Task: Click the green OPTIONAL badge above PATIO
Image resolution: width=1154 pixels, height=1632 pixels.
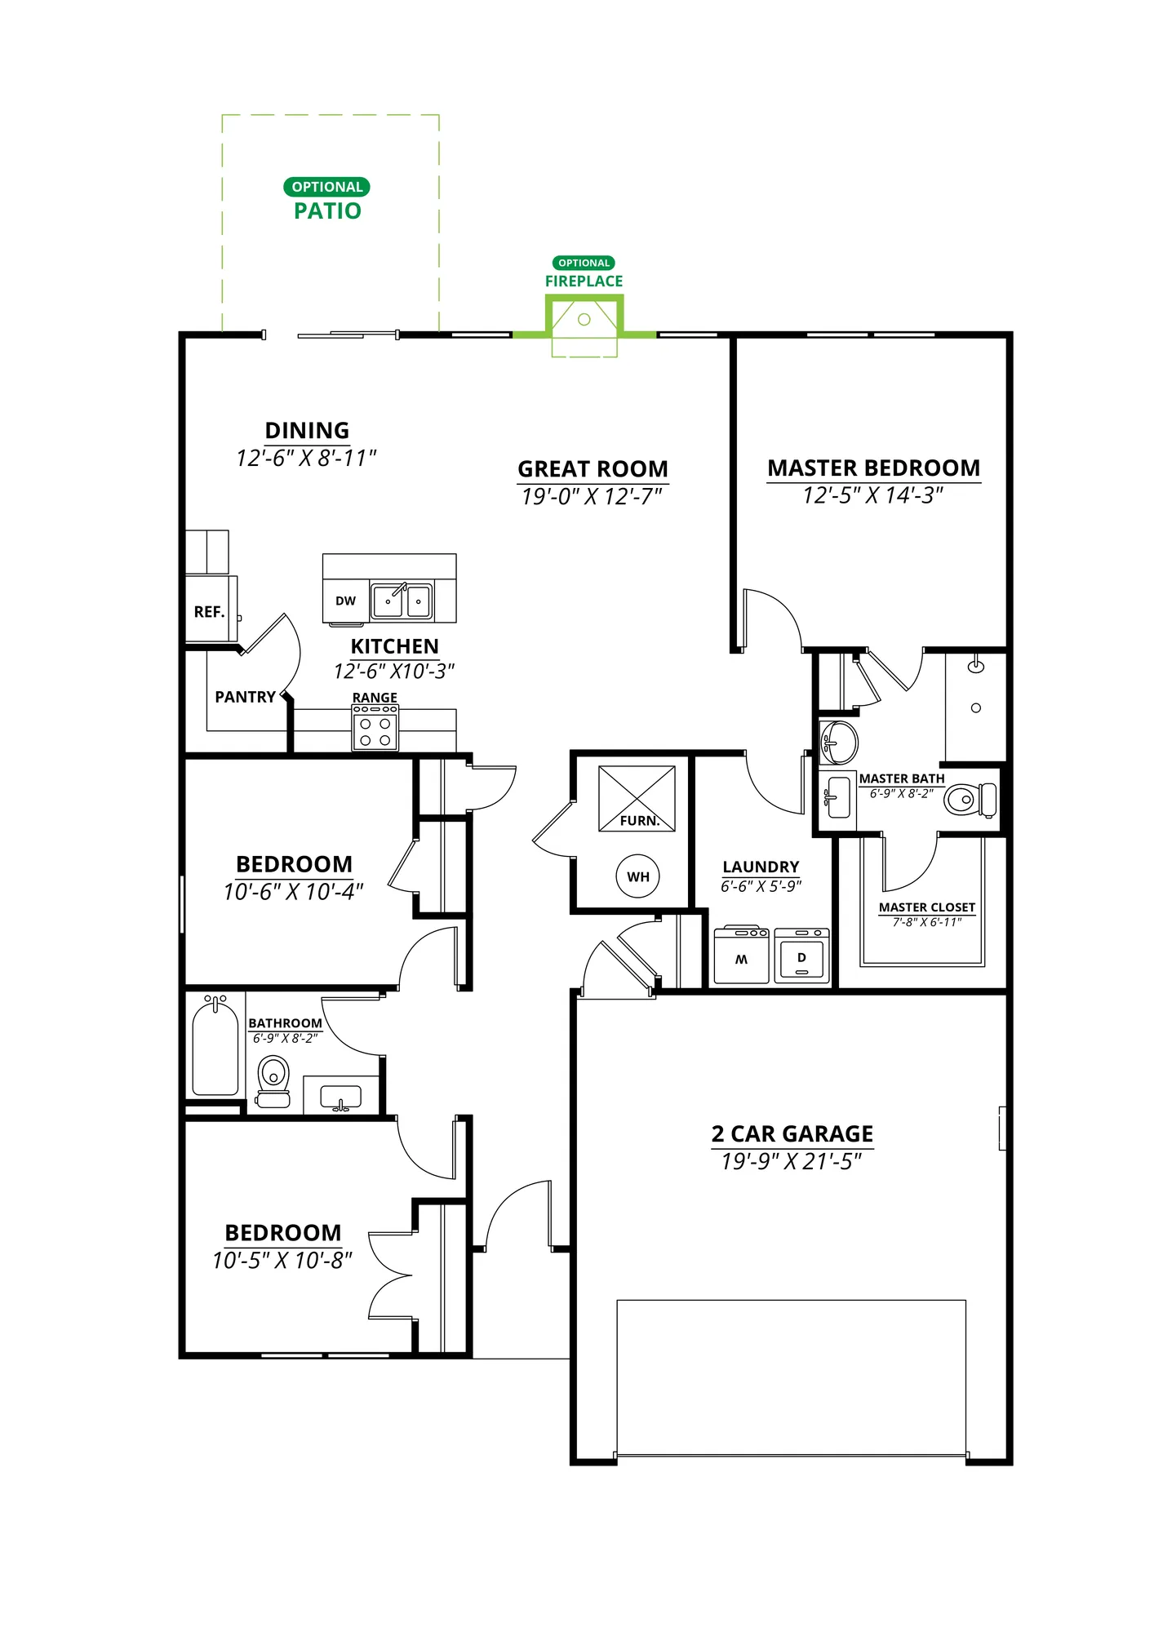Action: tap(326, 187)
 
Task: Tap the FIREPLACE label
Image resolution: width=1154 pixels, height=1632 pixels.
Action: tap(584, 282)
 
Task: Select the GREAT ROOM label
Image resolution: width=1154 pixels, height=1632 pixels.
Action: tap(593, 469)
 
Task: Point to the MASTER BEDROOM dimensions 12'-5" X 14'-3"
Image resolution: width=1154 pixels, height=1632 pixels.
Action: tap(873, 495)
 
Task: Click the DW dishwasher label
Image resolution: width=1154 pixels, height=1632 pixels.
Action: tap(346, 601)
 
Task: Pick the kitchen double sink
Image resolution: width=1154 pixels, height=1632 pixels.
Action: tap(402, 601)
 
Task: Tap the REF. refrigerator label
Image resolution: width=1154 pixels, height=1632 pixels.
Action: tap(209, 612)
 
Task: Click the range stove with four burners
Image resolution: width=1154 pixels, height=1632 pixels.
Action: tap(375, 728)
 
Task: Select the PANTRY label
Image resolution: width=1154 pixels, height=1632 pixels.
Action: tap(245, 697)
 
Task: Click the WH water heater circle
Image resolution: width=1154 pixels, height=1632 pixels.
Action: tap(637, 876)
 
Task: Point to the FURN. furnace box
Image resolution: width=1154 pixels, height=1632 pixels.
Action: tap(637, 799)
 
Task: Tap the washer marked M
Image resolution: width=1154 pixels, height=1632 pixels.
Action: tap(742, 956)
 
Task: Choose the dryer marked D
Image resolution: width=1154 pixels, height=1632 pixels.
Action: tap(801, 956)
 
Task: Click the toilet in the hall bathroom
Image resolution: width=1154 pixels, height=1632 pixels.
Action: tap(273, 1080)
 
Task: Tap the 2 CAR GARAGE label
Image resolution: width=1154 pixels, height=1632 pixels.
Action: tap(792, 1134)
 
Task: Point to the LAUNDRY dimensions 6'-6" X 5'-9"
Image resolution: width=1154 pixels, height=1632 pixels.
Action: tap(761, 886)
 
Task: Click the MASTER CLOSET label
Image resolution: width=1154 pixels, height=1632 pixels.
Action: tap(927, 907)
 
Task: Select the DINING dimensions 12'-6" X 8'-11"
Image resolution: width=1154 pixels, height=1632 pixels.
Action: tap(307, 458)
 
